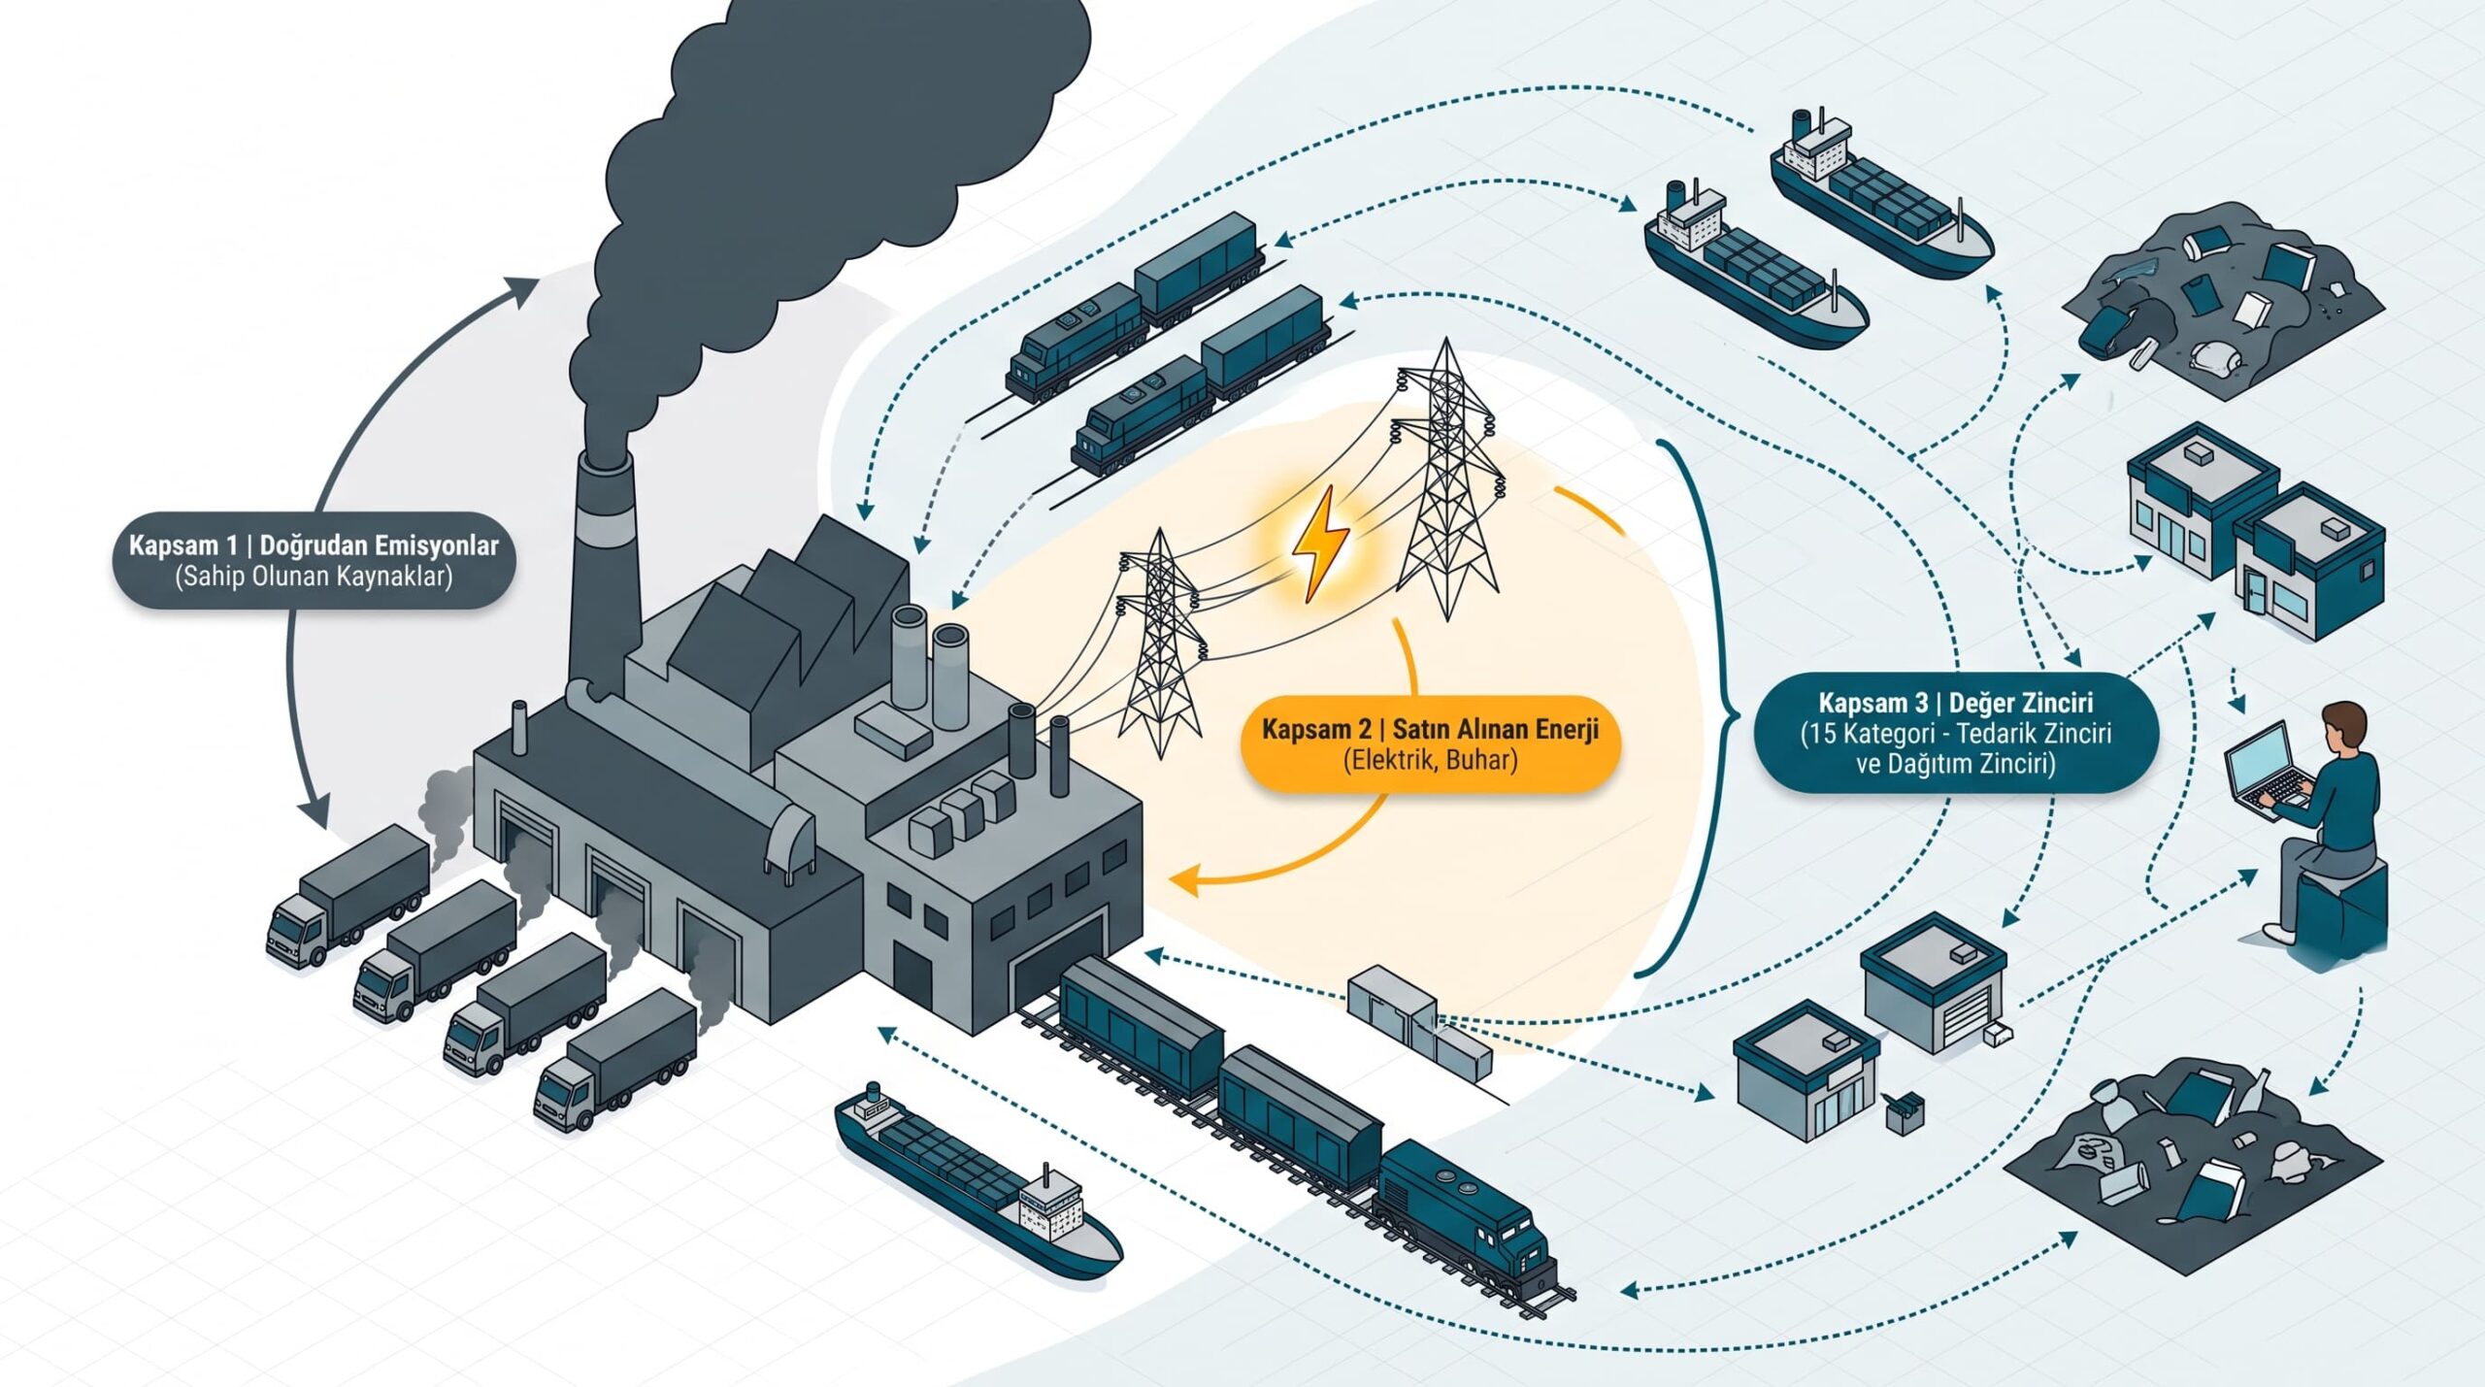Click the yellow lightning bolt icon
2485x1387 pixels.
click(x=1320, y=545)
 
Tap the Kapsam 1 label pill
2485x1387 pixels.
click(x=314, y=560)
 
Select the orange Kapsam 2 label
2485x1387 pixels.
click(x=1430, y=743)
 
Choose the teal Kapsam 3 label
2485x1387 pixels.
click(x=1955, y=733)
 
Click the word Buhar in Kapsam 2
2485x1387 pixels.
click(x=1480, y=759)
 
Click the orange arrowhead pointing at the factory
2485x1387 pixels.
click(x=1187, y=881)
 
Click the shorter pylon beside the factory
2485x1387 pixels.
click(x=1161, y=643)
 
